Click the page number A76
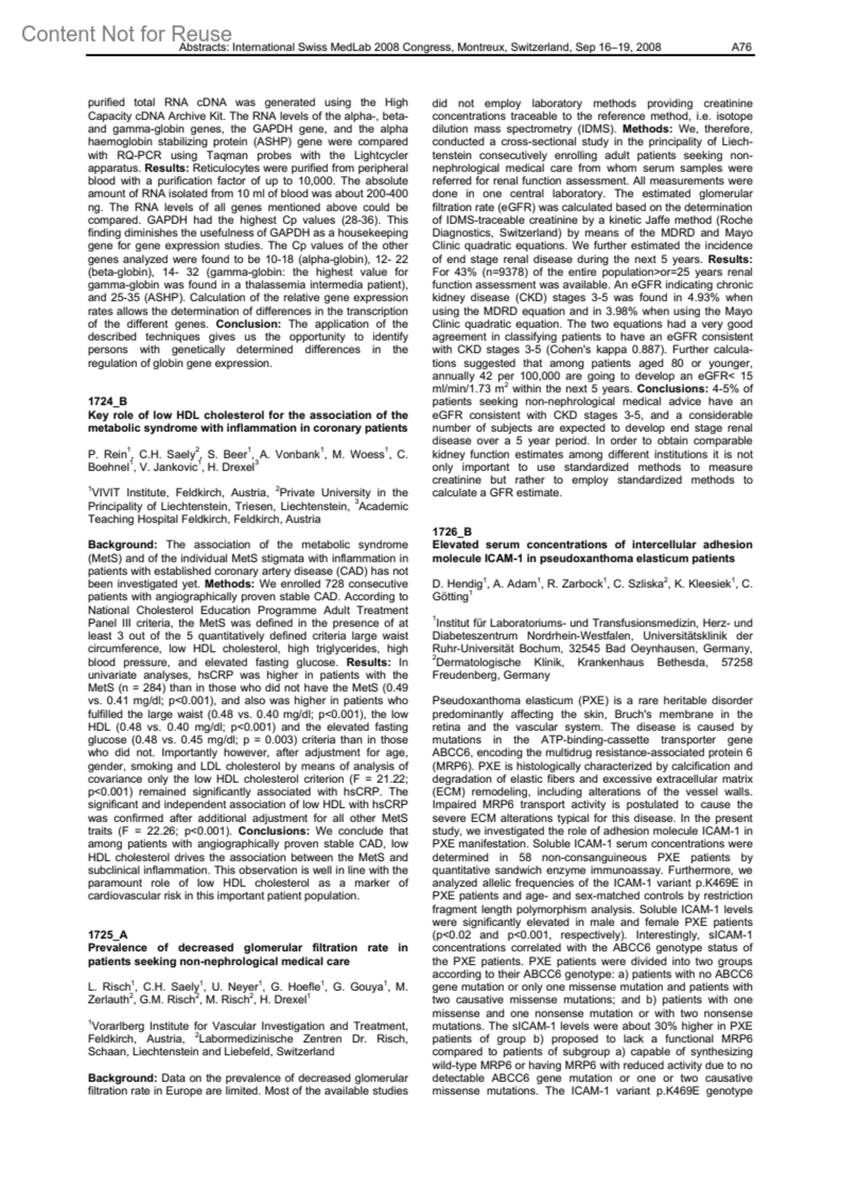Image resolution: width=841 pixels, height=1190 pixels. tap(741, 47)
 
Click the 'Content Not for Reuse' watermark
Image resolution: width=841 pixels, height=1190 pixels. tap(126, 33)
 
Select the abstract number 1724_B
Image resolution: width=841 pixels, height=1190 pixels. tap(107, 402)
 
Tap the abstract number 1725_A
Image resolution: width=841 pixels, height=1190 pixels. tap(107, 935)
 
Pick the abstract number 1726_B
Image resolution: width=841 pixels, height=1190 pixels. tap(452, 532)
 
